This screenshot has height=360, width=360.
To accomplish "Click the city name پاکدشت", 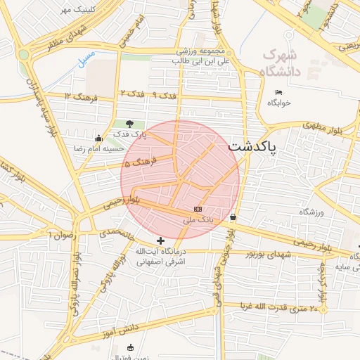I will (x=252, y=147).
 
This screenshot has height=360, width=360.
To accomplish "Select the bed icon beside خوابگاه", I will (x=278, y=92).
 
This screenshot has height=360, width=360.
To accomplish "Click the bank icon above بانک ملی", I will (x=198, y=210).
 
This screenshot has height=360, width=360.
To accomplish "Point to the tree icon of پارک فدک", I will (x=129, y=124).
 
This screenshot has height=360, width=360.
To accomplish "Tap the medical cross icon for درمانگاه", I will (x=161, y=240).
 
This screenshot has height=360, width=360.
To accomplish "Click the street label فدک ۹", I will (x=164, y=94).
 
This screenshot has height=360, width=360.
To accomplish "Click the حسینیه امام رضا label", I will (x=98, y=149).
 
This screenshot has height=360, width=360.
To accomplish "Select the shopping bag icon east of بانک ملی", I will (x=233, y=217).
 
